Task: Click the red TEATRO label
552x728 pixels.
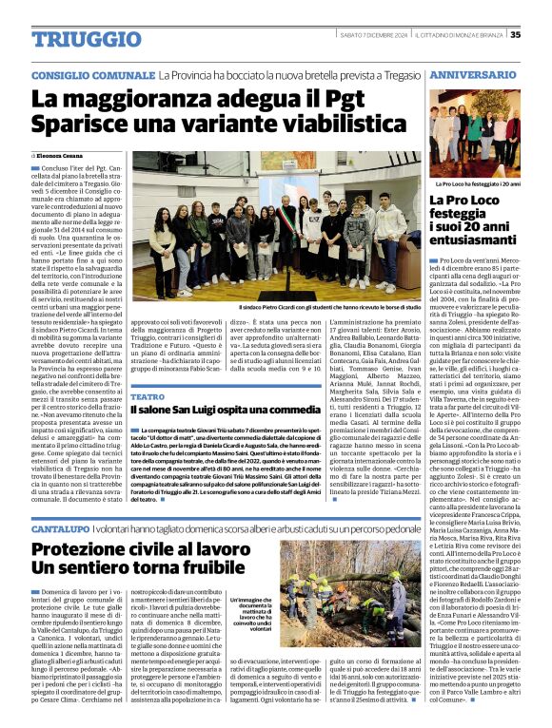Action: click(x=148, y=396)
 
